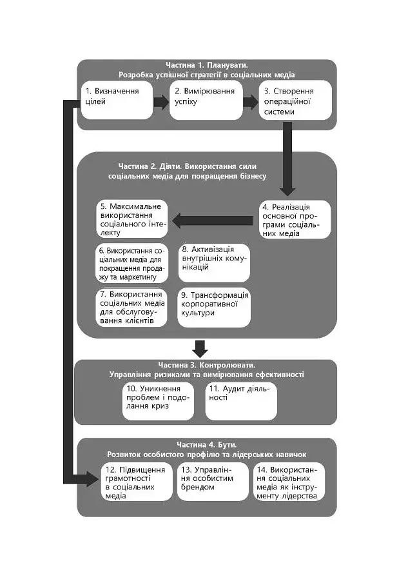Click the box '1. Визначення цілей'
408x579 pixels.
(x=117, y=100)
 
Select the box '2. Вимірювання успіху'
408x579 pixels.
(x=206, y=100)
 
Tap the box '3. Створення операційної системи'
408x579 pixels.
(x=295, y=100)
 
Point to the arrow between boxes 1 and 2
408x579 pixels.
(x=161, y=101)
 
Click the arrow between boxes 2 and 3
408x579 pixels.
(x=251, y=101)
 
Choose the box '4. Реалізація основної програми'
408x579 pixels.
(x=295, y=220)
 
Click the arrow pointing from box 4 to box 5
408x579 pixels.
(x=213, y=221)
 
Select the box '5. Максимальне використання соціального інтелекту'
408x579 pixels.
(x=132, y=219)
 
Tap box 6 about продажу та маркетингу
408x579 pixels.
(x=132, y=263)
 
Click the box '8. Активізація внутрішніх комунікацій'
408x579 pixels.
(x=214, y=263)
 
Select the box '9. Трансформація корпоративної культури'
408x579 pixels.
(x=214, y=307)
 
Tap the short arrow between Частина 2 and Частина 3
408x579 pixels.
(x=200, y=349)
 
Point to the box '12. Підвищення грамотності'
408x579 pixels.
(x=137, y=482)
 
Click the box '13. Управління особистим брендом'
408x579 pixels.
(x=213, y=482)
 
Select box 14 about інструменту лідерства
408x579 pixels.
(x=289, y=482)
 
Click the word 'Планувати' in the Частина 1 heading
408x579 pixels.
(x=228, y=65)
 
